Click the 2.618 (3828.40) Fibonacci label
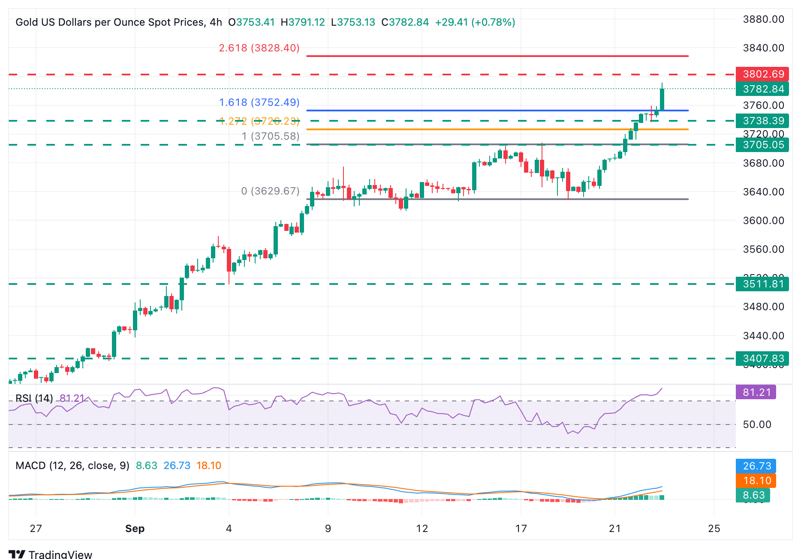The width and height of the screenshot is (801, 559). (259, 48)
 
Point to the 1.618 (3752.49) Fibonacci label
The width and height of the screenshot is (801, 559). (259, 102)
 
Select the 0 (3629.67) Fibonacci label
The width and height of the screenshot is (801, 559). (270, 191)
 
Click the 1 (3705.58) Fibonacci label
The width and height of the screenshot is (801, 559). (270, 136)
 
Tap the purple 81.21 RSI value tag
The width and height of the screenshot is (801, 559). (756, 392)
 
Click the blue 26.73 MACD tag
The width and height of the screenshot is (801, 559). (756, 466)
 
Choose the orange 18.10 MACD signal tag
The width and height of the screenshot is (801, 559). (756, 481)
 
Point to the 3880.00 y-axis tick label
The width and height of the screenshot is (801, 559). (763, 19)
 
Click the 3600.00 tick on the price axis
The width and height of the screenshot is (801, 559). (763, 221)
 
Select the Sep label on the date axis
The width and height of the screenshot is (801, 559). (135, 529)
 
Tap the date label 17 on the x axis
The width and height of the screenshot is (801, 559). (521, 529)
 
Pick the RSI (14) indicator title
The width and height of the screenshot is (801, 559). (34, 398)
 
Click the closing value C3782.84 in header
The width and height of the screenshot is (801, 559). (405, 22)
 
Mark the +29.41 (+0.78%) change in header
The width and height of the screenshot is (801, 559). (475, 22)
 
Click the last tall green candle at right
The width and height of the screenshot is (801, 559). (662, 99)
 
